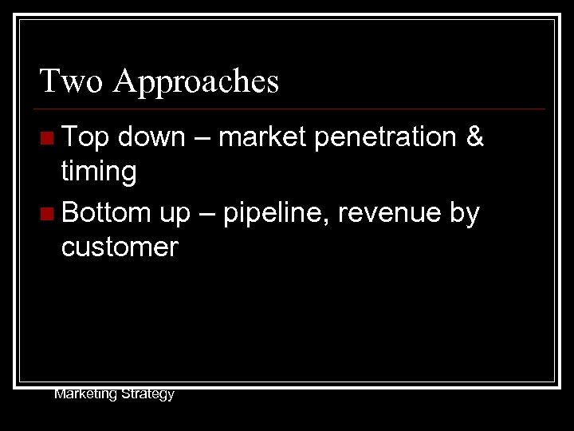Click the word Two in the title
[x=71, y=81]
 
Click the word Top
[x=85, y=138]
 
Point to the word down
[x=151, y=137]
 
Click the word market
[x=262, y=137]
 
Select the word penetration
[x=384, y=138]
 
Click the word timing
[x=99, y=172]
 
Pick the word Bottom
[x=106, y=213]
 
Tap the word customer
[x=120, y=247]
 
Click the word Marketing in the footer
[x=85, y=393]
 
